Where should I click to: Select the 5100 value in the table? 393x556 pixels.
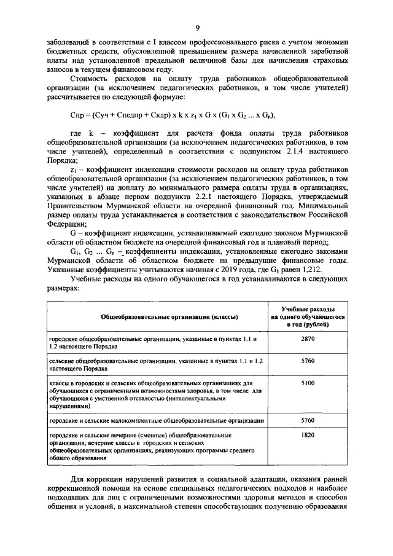[x=308, y=383]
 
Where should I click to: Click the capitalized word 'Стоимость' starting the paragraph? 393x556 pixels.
[x=90, y=80]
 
